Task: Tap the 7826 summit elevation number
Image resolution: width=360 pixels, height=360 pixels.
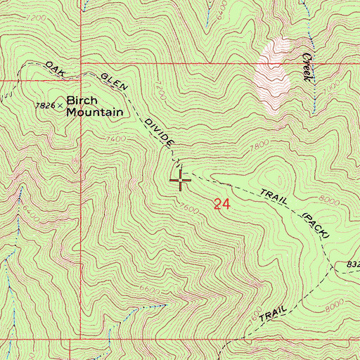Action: pos(46,105)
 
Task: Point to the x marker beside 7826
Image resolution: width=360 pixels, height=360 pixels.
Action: pos(60,105)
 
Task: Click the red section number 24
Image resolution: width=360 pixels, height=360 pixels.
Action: pos(221,205)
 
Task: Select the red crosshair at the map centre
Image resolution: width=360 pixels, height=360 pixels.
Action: pos(181,181)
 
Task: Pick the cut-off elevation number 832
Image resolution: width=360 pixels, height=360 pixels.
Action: pos(352,264)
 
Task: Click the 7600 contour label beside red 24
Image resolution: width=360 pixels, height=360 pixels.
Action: pos(188,208)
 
